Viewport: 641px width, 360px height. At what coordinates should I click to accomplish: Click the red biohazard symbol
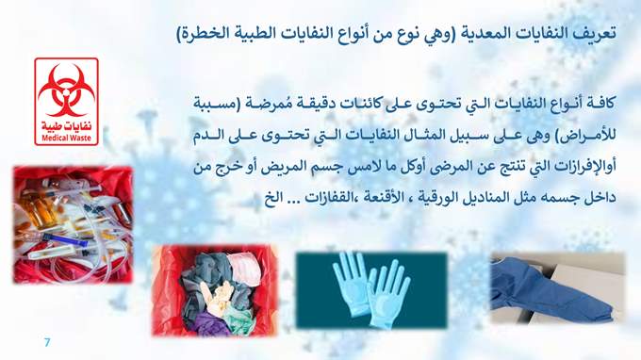[66, 90]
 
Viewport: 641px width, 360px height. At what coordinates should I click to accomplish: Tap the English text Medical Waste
[66, 139]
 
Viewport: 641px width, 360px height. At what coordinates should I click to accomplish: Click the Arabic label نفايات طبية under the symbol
[66, 126]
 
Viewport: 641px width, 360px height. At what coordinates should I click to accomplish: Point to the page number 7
[47, 342]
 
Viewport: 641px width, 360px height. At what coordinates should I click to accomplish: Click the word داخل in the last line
[602, 199]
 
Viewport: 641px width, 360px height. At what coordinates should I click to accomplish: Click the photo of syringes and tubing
[73, 224]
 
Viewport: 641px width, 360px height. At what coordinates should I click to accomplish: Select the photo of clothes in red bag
[215, 290]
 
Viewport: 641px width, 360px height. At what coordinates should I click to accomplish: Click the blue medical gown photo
[558, 287]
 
